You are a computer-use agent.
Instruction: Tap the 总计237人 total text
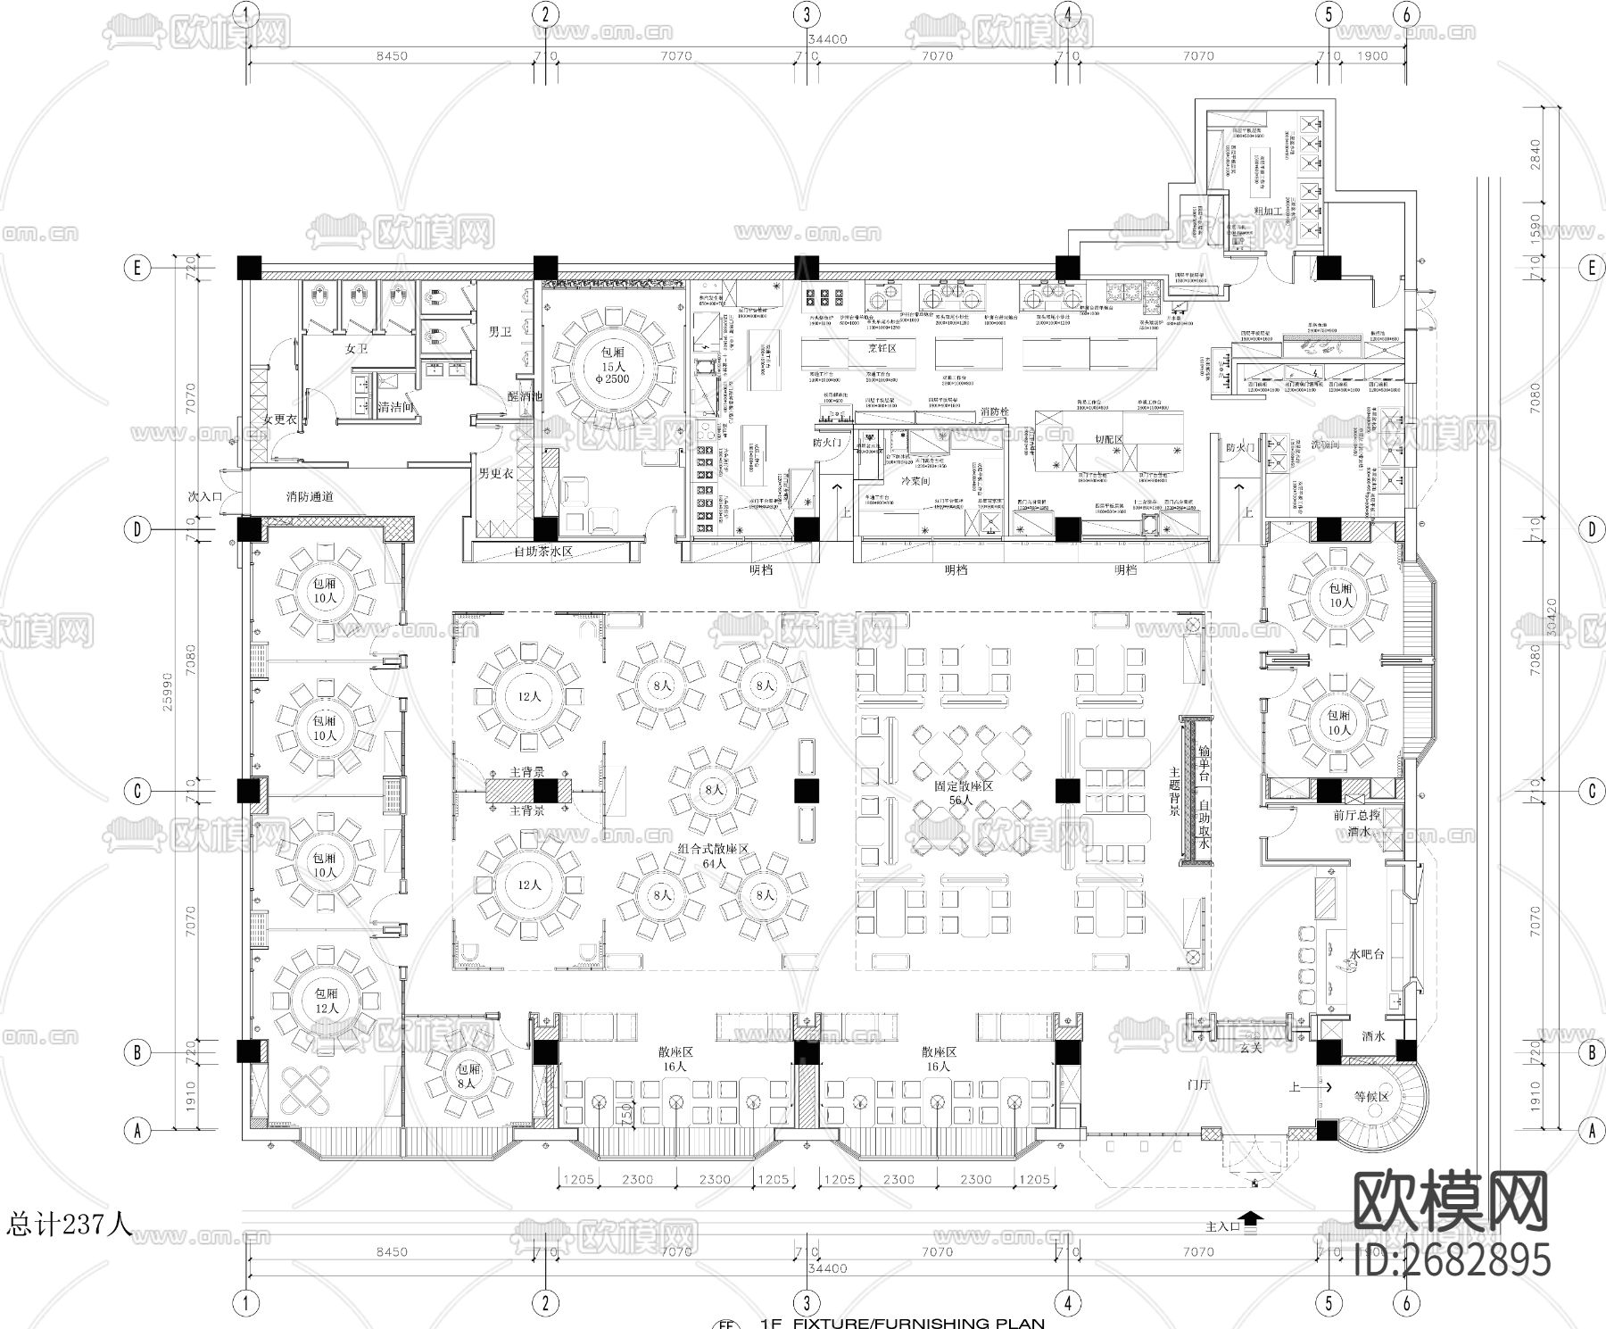(x=70, y=1224)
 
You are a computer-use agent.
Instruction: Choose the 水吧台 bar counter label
(x=1365, y=954)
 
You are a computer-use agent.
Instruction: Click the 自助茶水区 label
(x=542, y=552)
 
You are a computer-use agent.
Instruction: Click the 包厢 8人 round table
(x=468, y=1076)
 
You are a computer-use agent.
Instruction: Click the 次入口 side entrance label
(x=204, y=495)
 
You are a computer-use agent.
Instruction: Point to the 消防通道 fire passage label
(x=310, y=495)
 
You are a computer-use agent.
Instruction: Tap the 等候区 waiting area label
(x=1371, y=1097)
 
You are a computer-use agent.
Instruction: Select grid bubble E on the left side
(x=137, y=268)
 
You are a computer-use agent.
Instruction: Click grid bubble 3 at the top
(x=807, y=14)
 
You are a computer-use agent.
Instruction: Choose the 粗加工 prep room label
(x=1268, y=212)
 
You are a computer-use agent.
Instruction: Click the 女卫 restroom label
(x=356, y=349)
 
